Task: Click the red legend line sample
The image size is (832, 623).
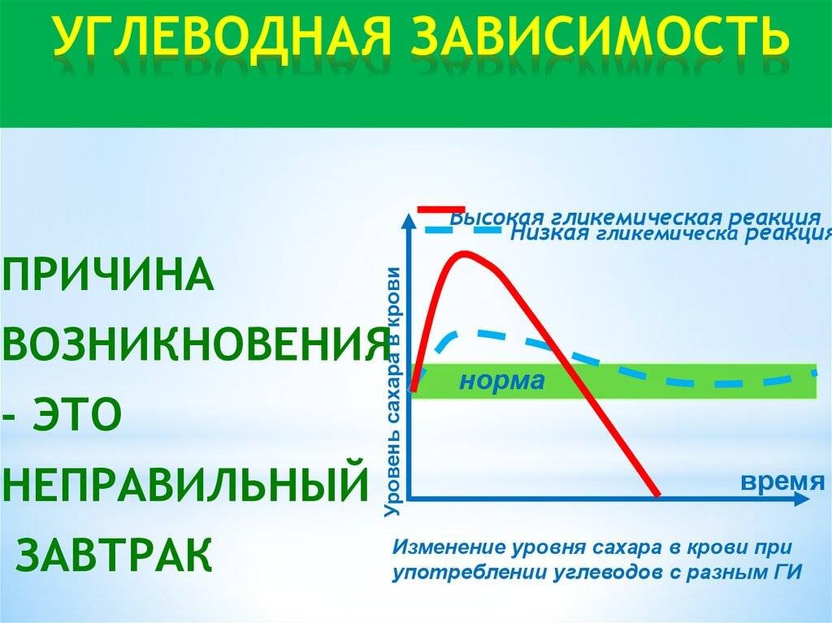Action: point(441,209)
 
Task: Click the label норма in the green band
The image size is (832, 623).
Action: point(501,381)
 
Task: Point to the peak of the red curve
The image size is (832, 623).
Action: point(464,253)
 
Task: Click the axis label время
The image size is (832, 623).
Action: point(777,480)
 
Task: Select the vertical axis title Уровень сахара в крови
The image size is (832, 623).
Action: point(393,391)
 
